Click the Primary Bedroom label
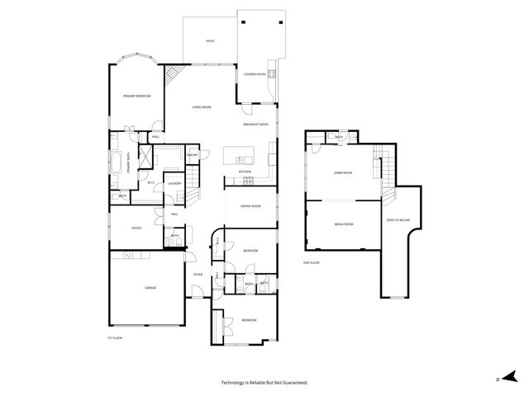[x=136, y=97]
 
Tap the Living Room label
[x=203, y=107]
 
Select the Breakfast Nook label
[x=255, y=124]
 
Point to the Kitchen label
[x=245, y=172]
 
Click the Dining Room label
[x=250, y=206]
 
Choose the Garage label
[x=150, y=288]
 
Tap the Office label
[x=136, y=229]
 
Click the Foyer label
[x=198, y=274]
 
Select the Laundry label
[x=174, y=183]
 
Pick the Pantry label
[x=191, y=155]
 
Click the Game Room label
[x=343, y=173]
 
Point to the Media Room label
[x=344, y=224]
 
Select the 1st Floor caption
[x=114, y=338]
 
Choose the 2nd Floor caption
[x=312, y=262]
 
